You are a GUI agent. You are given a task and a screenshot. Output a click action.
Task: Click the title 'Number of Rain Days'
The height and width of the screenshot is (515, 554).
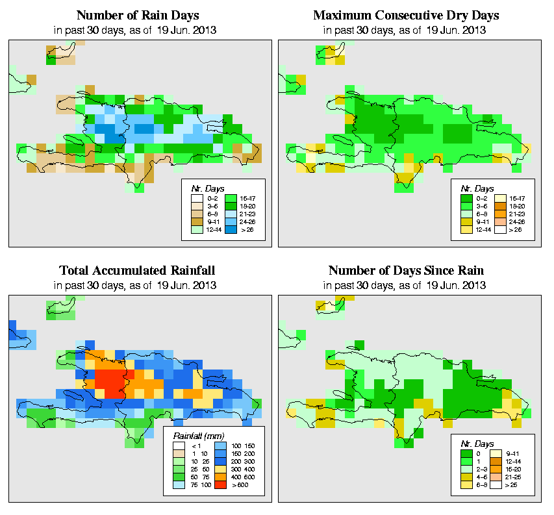coord(138,15)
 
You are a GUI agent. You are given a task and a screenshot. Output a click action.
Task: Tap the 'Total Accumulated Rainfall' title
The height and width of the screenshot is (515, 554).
coord(138,270)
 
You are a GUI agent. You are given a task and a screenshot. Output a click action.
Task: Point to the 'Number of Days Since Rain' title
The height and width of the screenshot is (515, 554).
coord(407,270)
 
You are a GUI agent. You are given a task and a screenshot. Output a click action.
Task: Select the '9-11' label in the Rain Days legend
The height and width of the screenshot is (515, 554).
coord(212,221)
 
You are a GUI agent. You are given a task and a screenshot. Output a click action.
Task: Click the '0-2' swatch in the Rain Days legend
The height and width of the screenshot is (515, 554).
coord(195,197)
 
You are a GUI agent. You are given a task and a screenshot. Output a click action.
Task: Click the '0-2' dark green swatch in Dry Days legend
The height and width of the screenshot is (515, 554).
coord(466,197)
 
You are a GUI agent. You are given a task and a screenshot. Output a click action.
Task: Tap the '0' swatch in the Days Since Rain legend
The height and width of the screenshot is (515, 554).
coord(466,451)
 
